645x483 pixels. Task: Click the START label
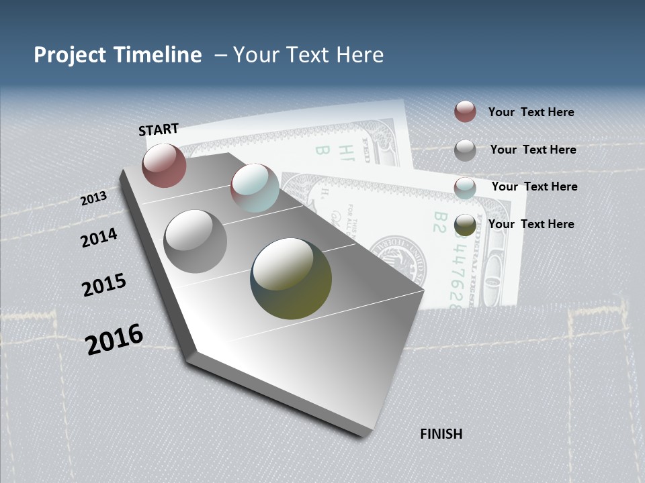coord(159,129)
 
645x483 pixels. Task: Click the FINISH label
coord(441,434)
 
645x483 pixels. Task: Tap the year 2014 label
coord(99,237)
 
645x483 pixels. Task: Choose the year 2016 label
coord(114,339)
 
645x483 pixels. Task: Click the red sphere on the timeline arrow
coord(164,165)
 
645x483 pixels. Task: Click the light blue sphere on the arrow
coord(255,188)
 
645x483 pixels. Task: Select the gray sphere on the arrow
coord(195,241)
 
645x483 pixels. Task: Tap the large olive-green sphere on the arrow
coord(291,278)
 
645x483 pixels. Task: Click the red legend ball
coord(465,111)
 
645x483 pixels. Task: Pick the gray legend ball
coord(465,150)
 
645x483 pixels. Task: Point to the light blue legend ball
coord(465,188)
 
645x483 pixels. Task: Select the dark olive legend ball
coord(465,225)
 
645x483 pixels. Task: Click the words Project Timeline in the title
coord(118,55)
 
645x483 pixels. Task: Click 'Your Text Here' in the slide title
coord(308,55)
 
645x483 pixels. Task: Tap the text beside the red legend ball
coord(531,112)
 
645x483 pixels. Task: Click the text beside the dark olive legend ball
coord(531,224)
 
